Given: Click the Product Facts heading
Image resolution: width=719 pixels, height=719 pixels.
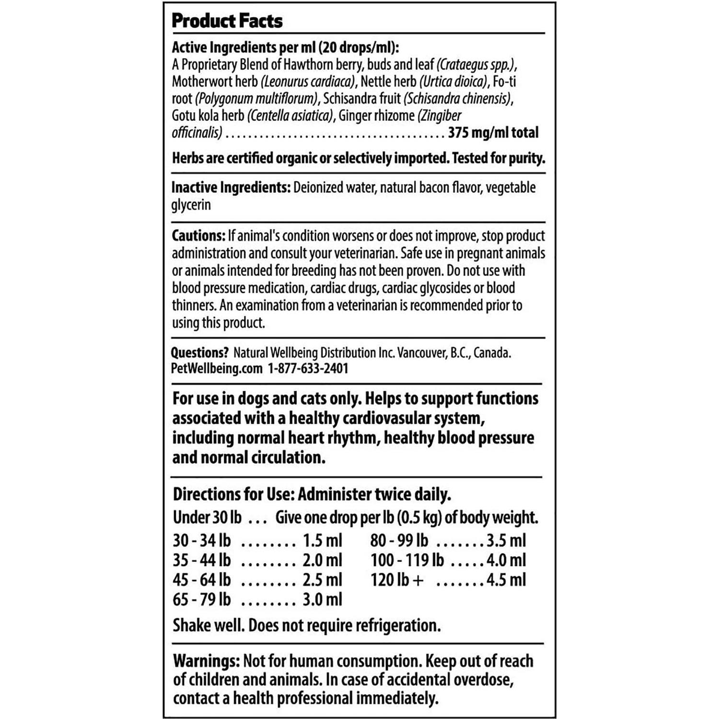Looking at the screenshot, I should [x=227, y=21].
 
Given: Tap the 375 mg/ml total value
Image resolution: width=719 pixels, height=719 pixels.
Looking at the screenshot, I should [x=493, y=132].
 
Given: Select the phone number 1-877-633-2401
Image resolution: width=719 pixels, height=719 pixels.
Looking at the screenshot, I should [x=308, y=368].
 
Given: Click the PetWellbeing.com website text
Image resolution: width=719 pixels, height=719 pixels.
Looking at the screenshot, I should [x=217, y=368].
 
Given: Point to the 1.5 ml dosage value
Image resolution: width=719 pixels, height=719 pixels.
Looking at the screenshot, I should [x=322, y=540].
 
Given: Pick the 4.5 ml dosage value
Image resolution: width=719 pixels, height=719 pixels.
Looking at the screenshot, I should [x=506, y=580].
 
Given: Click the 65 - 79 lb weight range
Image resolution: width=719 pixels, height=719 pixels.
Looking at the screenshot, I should [x=202, y=599].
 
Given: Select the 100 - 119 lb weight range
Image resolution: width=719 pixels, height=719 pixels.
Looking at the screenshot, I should [x=407, y=560].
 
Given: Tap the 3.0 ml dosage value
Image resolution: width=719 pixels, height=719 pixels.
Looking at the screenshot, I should [x=322, y=599].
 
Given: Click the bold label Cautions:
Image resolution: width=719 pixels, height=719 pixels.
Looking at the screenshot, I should [x=198, y=236].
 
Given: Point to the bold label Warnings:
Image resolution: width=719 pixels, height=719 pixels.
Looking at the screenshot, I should [x=206, y=661].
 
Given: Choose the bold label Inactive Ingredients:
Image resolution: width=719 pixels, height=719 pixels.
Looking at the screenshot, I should [x=231, y=187].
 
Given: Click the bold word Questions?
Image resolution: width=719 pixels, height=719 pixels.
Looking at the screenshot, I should [x=199, y=353].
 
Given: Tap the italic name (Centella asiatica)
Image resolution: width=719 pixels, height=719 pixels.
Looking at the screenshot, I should [x=290, y=116].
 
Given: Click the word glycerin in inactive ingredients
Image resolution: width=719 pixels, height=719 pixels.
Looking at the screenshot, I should [x=191, y=205].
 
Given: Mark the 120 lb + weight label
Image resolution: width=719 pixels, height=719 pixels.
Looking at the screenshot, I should [x=397, y=580].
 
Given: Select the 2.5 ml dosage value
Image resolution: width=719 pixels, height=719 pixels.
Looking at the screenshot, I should [x=322, y=580].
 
